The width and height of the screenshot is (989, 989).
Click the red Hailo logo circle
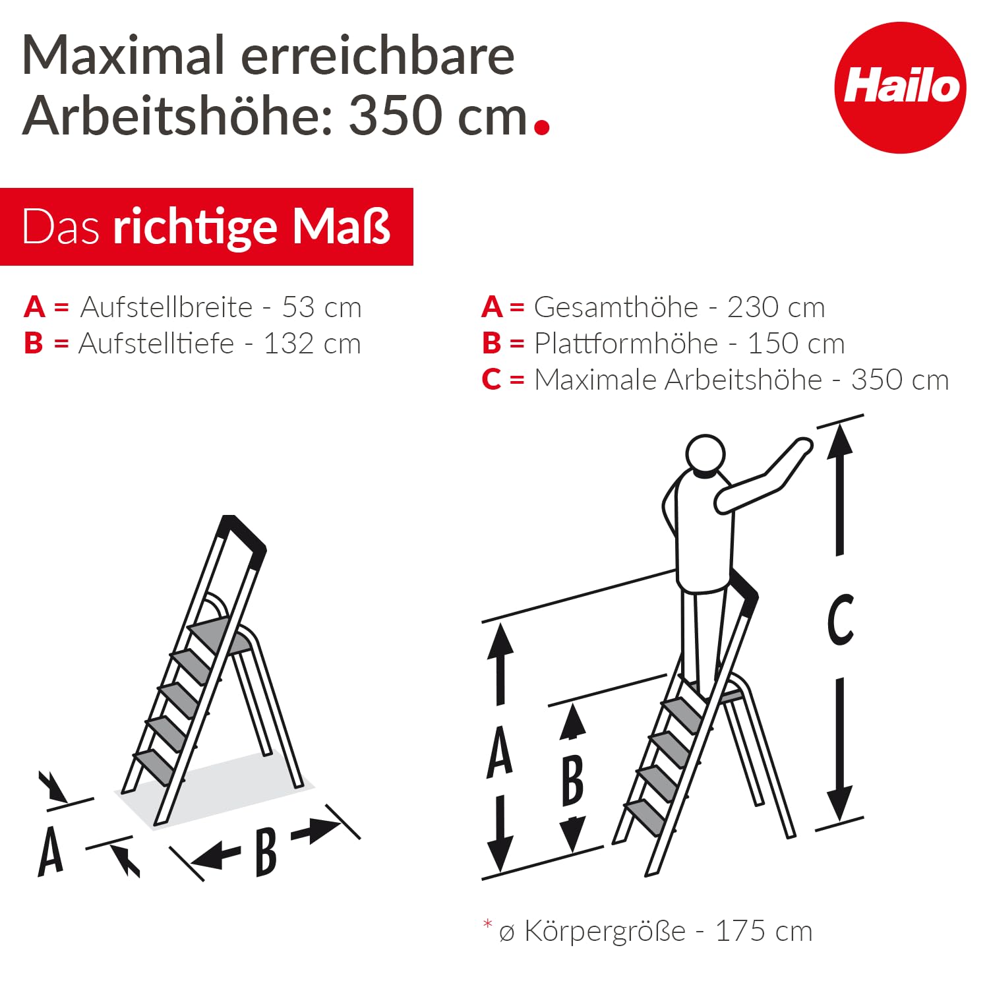(900, 88)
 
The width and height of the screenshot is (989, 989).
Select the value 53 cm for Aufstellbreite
(322, 307)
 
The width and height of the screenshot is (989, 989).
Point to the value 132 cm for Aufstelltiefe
(312, 344)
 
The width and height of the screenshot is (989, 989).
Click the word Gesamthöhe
(616, 307)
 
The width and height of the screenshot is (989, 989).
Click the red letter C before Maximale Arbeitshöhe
(491, 380)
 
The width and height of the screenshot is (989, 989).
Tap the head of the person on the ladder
(705, 454)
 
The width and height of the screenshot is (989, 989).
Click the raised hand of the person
(802, 446)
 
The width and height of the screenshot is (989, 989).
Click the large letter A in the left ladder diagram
(51, 852)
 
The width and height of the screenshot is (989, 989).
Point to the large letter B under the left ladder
(265, 853)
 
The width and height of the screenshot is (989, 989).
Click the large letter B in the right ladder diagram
(572, 781)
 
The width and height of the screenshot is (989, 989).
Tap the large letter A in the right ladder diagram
(499, 752)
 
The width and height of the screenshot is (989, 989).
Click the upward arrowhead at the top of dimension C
(839, 440)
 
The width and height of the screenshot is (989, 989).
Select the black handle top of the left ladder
(244, 534)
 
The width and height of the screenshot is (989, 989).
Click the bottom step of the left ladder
(153, 765)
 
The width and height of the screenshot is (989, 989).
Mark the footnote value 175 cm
(764, 932)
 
